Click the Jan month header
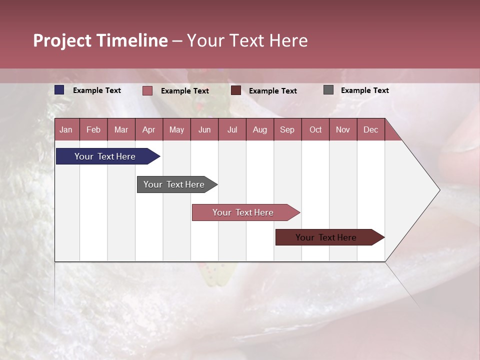point(66,129)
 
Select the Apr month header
point(149,129)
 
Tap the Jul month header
point(232,129)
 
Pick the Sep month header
point(287,129)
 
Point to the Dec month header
point(370,129)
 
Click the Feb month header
point(93,129)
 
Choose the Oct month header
point(315,129)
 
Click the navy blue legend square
point(59,90)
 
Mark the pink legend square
point(147,90)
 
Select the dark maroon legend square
point(236,90)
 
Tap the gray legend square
point(328,90)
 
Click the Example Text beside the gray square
point(364,90)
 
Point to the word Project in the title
point(62,40)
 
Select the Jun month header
point(204,129)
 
